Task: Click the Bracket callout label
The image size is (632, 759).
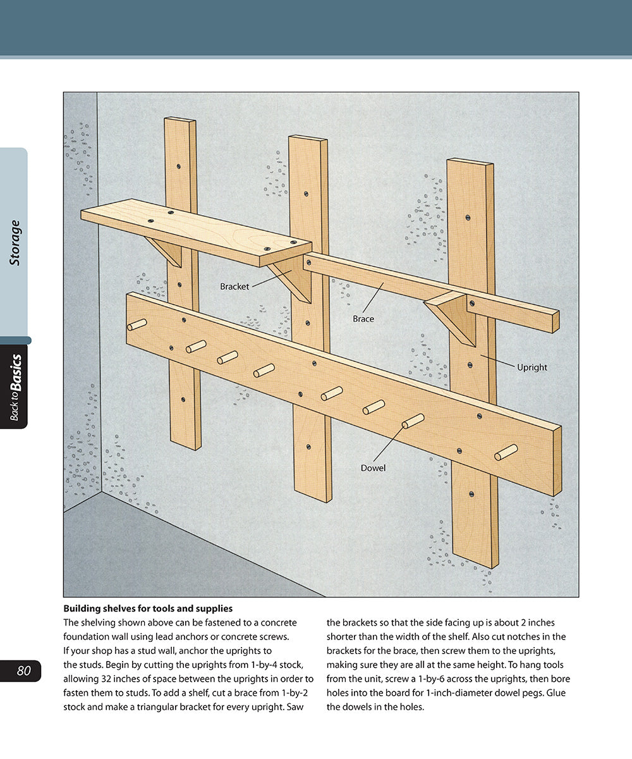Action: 234,287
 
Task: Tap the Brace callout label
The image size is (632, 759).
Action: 363,319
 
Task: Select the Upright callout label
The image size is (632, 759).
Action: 532,367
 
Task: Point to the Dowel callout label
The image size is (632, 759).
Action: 373,468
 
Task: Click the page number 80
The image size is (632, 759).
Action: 24,671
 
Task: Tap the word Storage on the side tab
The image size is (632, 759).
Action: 15,242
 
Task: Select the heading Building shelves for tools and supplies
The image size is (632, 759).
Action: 148,608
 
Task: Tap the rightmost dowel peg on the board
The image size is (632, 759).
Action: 506,452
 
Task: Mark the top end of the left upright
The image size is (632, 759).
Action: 180,121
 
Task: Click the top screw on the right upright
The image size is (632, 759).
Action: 468,218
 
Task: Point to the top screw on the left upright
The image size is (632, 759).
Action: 179,166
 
